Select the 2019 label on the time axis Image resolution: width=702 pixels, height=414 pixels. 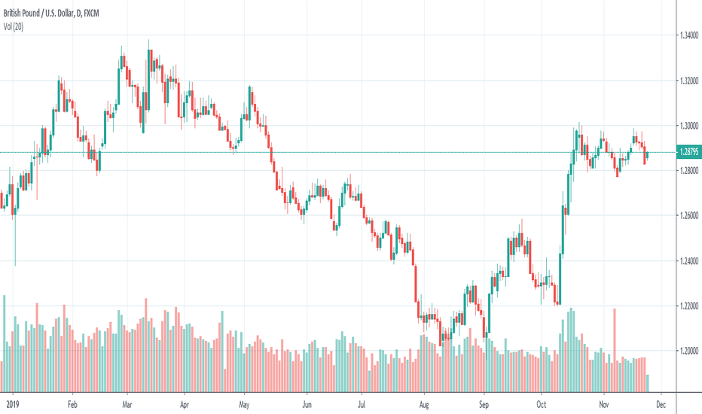(8, 403)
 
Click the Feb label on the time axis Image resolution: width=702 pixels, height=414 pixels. (72, 403)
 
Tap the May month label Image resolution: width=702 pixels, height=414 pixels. (244, 403)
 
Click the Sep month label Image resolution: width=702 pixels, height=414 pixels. (484, 403)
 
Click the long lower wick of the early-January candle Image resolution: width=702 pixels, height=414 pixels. (15, 241)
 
